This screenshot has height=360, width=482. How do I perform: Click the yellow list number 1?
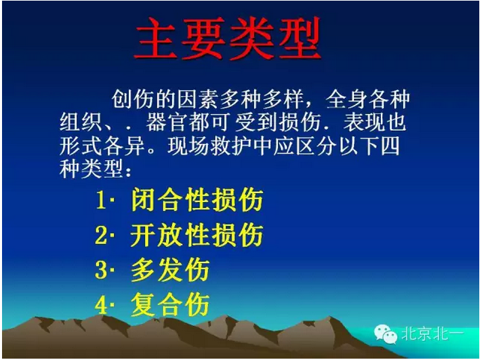click(x=101, y=201)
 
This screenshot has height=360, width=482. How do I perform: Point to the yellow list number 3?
click(x=101, y=271)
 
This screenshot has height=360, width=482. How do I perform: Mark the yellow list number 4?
click(x=101, y=305)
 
